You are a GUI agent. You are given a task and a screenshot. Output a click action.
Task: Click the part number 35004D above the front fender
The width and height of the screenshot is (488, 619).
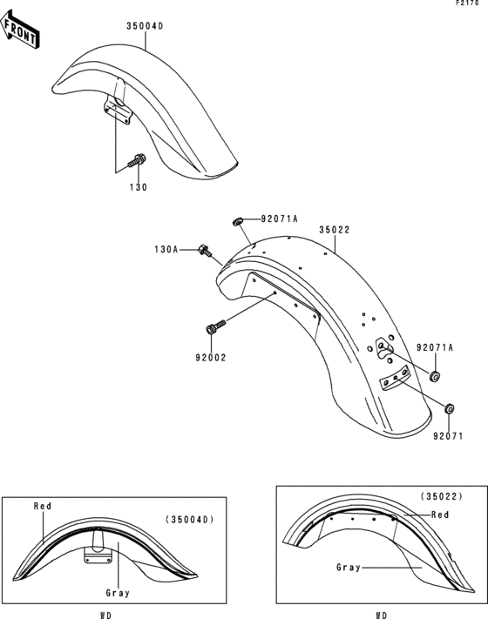click(x=145, y=26)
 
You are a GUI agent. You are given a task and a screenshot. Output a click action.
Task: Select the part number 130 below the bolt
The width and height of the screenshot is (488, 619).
click(x=139, y=187)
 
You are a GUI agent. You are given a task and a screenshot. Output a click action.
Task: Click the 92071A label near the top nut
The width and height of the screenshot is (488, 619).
click(x=278, y=220)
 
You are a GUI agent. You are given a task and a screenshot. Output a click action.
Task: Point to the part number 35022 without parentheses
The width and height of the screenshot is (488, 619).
click(x=334, y=231)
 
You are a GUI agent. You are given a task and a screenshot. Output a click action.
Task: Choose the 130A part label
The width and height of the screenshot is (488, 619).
click(x=166, y=250)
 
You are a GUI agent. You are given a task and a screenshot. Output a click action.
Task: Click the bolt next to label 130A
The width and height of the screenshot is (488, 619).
click(x=206, y=251)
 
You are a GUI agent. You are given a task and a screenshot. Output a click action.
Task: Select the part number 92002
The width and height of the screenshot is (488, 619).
click(x=209, y=355)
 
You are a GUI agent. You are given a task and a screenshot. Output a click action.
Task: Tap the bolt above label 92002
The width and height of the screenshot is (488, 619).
click(x=213, y=328)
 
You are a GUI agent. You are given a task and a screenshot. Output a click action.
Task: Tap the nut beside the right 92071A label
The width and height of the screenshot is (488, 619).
click(x=434, y=376)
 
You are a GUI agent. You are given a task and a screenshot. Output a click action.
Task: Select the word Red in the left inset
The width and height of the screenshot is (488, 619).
click(x=43, y=506)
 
